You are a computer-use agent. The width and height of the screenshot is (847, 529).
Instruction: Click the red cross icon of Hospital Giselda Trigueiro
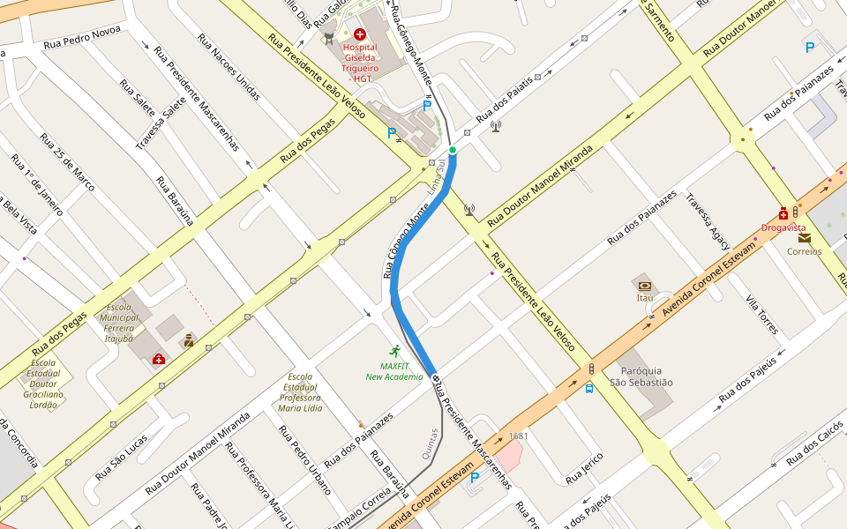360,34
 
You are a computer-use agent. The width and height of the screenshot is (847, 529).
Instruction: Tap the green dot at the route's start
453,151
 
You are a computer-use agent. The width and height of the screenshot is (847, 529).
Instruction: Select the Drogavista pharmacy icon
783,213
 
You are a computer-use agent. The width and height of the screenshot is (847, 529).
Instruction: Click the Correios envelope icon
805,237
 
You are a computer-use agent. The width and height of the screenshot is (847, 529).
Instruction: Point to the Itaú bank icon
645,286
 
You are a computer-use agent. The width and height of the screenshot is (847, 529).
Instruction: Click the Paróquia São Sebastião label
641,376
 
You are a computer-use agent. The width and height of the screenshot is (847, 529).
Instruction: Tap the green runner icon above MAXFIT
394,350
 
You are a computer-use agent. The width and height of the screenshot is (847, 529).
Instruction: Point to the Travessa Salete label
161,123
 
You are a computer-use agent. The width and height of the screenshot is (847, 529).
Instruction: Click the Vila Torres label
761,315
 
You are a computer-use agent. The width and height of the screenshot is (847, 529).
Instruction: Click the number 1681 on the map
518,436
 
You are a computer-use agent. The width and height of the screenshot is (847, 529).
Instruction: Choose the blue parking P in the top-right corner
810,48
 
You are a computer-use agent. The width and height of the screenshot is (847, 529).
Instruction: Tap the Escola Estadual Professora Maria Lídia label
300,392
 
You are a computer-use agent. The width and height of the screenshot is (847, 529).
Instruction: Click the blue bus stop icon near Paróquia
589,388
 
